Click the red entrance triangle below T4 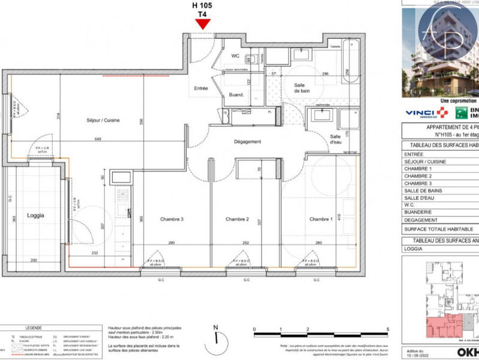[x=203, y=24]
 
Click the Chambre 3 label [x=171, y=220]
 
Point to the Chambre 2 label [x=237, y=220]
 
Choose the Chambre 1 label [x=321, y=220]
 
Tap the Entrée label [x=201, y=89]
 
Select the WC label [x=235, y=56]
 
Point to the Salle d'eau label [x=335, y=140]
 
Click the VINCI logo [x=426, y=113]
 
